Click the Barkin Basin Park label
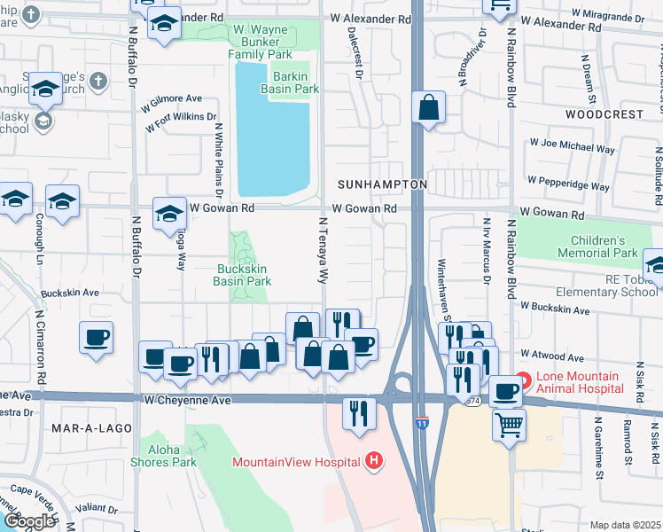289,82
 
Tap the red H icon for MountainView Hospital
375,461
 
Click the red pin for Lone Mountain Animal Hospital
522,381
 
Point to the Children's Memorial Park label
597,246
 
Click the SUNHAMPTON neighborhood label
382,184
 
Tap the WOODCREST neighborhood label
604,114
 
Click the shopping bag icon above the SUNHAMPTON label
428,109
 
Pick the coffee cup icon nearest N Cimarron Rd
97,337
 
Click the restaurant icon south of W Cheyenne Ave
359,414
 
